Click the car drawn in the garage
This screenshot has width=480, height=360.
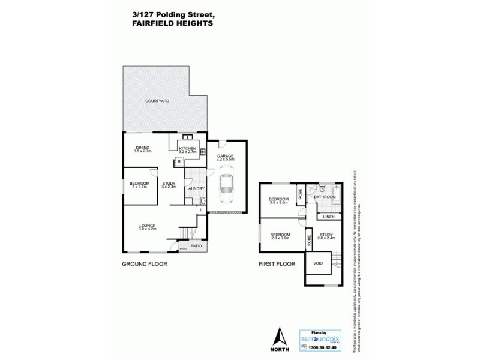point(227,187)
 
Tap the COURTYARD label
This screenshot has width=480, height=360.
point(157,101)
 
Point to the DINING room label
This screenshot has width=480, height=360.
point(142,148)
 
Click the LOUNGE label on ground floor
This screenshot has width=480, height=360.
point(148,226)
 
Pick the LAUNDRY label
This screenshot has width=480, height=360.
point(195,188)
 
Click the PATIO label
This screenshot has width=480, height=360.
point(196,246)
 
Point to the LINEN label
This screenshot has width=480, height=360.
point(328,216)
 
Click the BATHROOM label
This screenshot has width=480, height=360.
point(325,196)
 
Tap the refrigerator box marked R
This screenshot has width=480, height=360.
point(179,162)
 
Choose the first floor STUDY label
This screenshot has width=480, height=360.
point(326,236)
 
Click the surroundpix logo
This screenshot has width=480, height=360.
point(323,338)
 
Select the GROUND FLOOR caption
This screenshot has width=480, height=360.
point(145,264)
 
